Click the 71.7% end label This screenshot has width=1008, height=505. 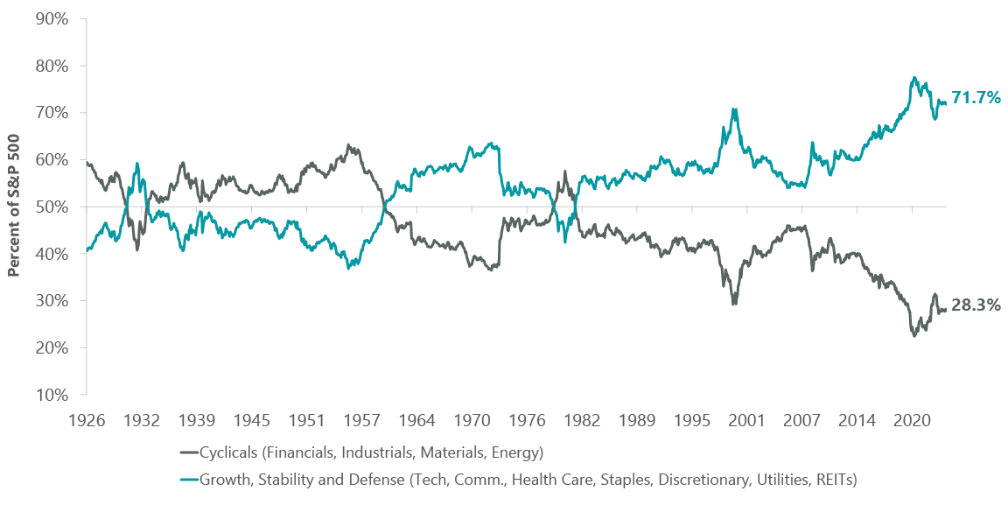point(976,98)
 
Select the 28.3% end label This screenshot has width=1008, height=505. point(976,305)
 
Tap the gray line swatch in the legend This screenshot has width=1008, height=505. point(189,452)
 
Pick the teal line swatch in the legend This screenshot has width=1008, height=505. point(189,479)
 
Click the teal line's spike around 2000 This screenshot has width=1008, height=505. point(734,109)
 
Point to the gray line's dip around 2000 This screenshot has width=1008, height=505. point(734,303)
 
